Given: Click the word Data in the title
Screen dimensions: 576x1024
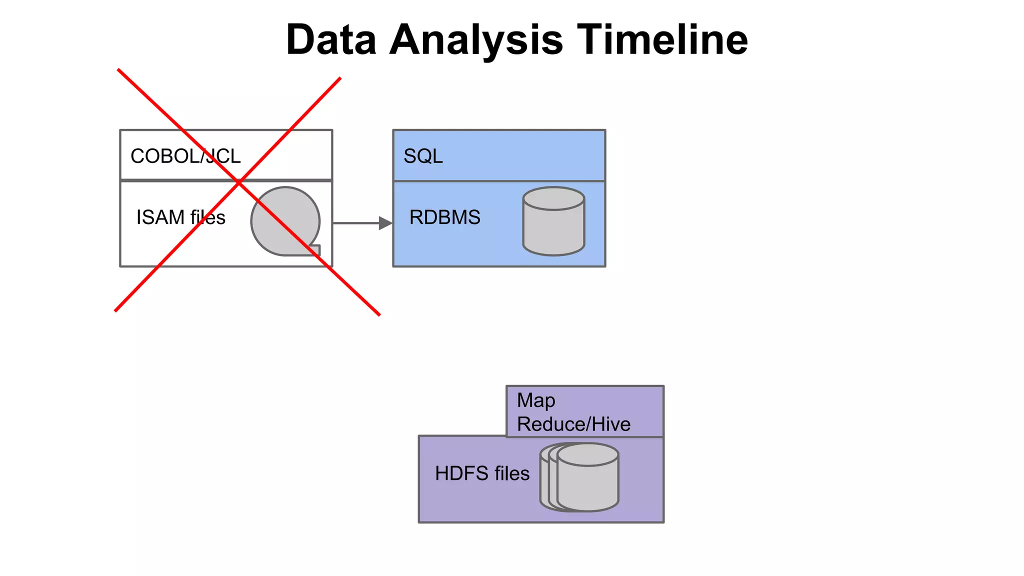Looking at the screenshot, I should coord(331,40).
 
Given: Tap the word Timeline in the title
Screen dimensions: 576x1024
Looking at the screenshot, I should coord(662,40).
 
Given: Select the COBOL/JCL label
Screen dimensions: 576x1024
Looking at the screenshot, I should coord(185,156).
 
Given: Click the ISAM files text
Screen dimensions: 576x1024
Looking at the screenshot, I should coord(180,217).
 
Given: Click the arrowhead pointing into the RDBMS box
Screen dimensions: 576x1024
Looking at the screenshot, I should coord(385,223).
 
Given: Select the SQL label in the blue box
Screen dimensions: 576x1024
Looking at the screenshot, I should coord(423,156).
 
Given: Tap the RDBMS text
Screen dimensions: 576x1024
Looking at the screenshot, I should coord(444,217).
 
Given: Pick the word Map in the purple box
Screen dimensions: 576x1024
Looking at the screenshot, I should coord(536,400).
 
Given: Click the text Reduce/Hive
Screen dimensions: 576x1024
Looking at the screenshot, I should coord(573,424).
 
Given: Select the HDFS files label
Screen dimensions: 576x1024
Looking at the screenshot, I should coord(482,473).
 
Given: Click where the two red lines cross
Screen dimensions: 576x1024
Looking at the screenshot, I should coord(239,182).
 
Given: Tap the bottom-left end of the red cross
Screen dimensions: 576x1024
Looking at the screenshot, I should coord(116,310).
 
